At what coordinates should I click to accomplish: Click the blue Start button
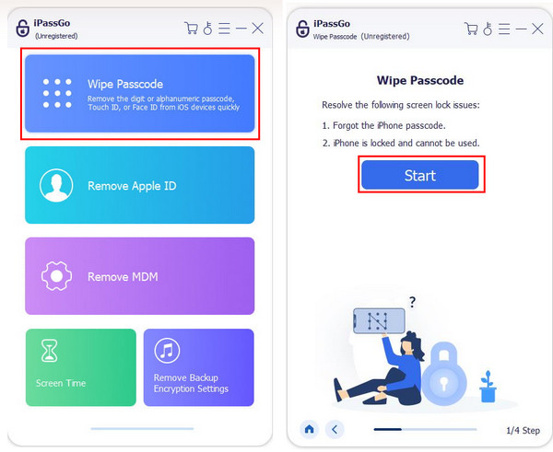pos(419,175)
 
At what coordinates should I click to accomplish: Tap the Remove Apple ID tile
pos(140,185)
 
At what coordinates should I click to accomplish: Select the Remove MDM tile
pos(140,276)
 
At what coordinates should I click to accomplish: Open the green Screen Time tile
pos(81,367)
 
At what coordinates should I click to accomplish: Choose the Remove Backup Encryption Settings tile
pos(198,367)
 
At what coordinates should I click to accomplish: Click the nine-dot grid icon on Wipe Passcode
pos(57,93)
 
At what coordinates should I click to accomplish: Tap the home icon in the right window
pos(310,429)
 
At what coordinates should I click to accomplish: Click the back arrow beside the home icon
pos(335,429)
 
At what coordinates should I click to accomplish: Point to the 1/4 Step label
pos(523,430)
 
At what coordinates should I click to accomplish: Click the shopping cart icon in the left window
pos(191,29)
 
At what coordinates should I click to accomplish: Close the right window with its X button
pos(537,29)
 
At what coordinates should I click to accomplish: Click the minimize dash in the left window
pos(241,29)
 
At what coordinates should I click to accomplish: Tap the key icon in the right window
pos(488,29)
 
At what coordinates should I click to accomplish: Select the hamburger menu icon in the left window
pos(224,29)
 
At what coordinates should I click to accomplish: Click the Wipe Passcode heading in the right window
pos(420,80)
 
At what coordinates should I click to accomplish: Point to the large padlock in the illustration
pos(443,376)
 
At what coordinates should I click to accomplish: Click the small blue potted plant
pos(488,387)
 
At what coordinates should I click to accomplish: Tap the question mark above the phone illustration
pos(412,302)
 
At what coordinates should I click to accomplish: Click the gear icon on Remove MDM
pos(56,276)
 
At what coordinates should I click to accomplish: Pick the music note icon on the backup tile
pos(167,351)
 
